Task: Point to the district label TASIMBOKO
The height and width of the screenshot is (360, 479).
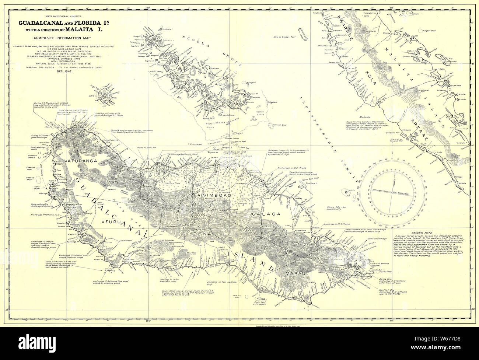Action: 212,198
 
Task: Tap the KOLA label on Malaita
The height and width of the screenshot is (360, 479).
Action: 370,74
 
